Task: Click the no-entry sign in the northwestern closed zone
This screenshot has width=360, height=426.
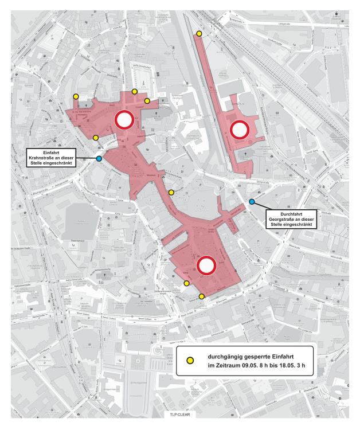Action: coord(124,120)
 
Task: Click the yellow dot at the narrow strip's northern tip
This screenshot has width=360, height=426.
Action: coord(199,34)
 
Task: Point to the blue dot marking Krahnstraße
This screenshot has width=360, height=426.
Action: coord(99,159)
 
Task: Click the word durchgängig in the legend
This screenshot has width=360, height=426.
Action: coord(220,355)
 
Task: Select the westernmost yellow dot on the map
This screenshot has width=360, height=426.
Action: coord(76,96)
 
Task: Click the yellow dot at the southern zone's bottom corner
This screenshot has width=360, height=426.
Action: coord(202,296)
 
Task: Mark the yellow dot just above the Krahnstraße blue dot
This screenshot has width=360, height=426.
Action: coord(96,138)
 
